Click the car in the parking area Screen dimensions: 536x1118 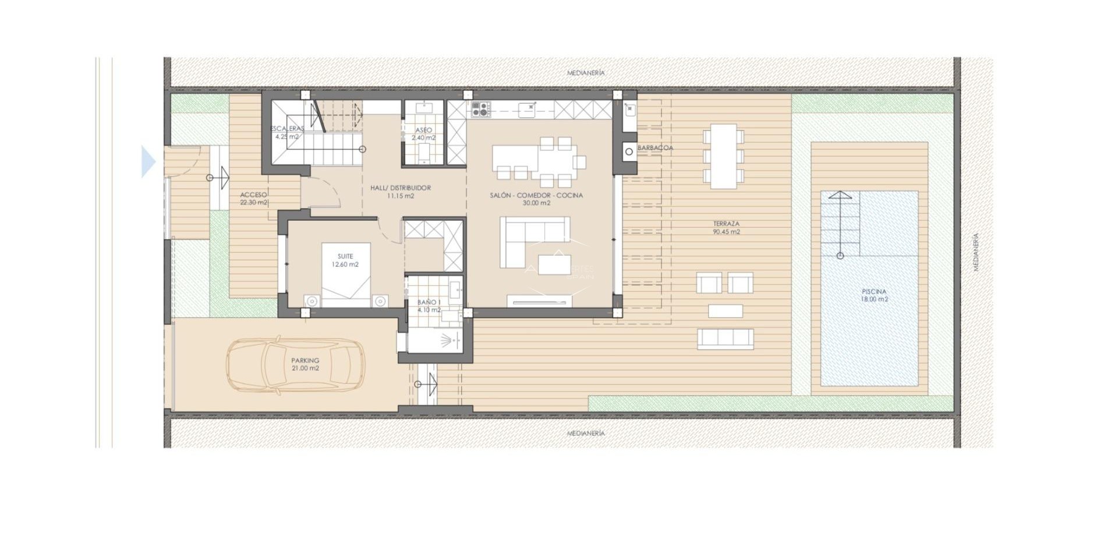296,365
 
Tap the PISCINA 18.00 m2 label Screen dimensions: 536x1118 874,295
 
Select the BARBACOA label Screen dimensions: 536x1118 655,148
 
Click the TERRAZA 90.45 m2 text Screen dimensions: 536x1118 726,228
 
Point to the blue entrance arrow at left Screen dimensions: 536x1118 148,161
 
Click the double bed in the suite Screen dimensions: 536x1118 346,274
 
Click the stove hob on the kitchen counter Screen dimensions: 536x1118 481,109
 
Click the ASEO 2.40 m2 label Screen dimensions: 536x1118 423,134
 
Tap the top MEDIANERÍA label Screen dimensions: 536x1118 586,73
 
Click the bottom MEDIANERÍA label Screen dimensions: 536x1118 586,433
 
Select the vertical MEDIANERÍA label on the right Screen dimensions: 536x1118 976,252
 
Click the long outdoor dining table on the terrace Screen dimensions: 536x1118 723,156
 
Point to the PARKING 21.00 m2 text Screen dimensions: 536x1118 305,364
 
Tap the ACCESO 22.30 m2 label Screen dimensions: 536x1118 253,199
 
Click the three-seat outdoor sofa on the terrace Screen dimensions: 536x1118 725,338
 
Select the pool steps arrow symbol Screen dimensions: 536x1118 840,224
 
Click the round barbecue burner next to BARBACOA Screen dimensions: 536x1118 629,152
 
